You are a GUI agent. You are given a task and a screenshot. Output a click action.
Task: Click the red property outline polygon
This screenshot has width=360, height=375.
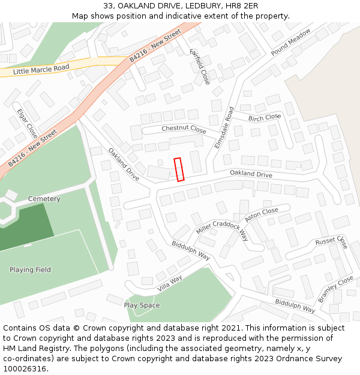tap(179, 169)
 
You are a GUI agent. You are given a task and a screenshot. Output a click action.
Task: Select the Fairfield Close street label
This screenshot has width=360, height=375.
tap(200, 67)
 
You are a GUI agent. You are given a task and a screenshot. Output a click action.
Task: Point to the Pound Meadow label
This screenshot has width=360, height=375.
tap(290, 42)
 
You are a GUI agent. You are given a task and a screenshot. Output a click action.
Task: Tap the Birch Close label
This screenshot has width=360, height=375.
tap(265, 118)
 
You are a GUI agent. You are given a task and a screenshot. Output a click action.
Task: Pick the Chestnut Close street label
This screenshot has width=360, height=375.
tap(184, 130)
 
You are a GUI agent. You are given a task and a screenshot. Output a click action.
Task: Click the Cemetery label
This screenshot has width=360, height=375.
tap(44, 199)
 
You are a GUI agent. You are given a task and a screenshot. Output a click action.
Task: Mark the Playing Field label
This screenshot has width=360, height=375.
tap(30, 269)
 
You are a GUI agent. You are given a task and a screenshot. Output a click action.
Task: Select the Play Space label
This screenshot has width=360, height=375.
tap(142, 305)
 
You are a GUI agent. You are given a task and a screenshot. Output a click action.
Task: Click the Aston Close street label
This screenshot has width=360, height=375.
tap(261, 214)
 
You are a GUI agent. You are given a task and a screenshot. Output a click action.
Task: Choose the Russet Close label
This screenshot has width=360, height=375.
tap(331, 242)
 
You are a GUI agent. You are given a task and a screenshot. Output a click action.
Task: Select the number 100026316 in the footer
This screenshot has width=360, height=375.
tap(24, 368)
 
